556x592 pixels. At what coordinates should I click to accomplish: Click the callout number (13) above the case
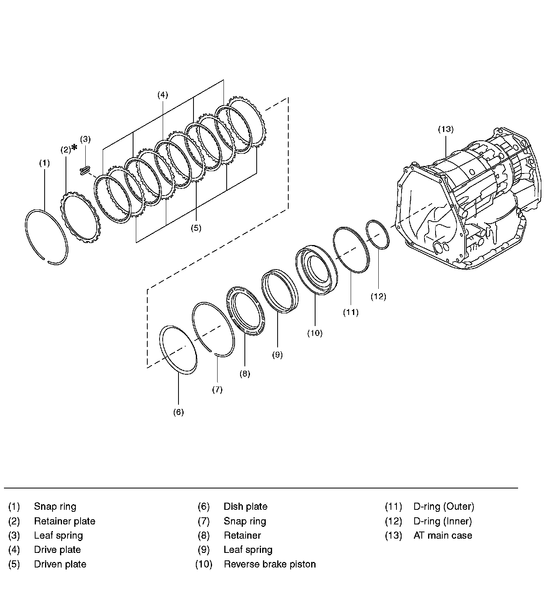click(x=445, y=129)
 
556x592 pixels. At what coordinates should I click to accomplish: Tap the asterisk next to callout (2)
click(x=74, y=148)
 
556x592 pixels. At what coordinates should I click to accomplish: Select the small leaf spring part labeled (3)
click(x=85, y=171)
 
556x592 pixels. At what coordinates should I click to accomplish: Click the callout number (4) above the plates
click(x=162, y=95)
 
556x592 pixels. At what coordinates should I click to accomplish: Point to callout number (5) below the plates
click(x=196, y=228)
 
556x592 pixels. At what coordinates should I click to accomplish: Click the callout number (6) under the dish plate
click(x=178, y=412)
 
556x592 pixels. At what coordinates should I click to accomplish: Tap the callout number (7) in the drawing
click(x=217, y=390)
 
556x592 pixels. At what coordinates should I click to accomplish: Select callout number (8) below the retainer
click(x=245, y=374)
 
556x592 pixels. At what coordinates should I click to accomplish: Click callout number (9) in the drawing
click(x=277, y=355)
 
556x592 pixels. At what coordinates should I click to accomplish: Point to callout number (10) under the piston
click(x=315, y=333)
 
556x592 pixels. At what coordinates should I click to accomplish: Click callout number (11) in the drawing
click(x=351, y=313)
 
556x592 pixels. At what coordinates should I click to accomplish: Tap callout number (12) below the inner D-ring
click(x=378, y=297)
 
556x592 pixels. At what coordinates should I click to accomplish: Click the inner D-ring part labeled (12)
click(x=378, y=235)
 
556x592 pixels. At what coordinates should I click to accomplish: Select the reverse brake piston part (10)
click(x=317, y=270)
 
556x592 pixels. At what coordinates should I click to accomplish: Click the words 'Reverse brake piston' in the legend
click(x=270, y=564)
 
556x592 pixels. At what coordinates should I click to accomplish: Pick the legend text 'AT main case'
click(x=443, y=535)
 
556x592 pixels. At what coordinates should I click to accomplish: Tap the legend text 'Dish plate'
click(x=245, y=507)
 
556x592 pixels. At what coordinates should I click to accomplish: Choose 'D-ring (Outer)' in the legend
click(x=443, y=507)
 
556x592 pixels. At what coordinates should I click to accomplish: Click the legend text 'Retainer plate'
click(x=64, y=521)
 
